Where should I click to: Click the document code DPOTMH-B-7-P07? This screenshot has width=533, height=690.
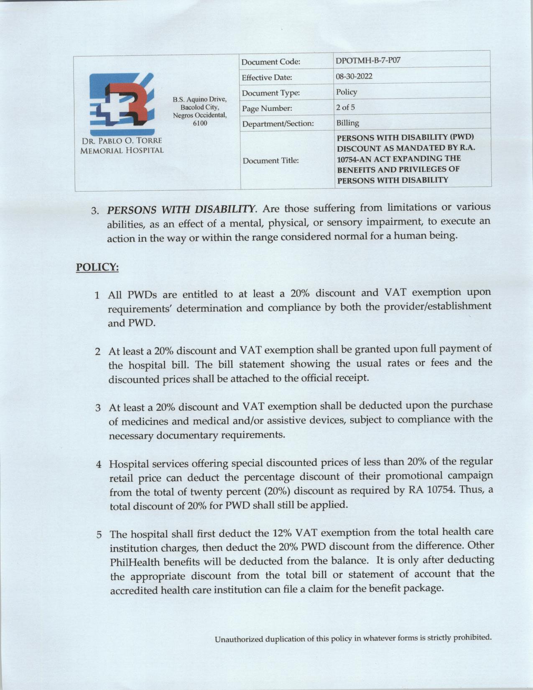[368, 60]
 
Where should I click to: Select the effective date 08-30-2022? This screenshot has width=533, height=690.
[354, 77]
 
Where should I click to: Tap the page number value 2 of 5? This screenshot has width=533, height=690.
[345, 107]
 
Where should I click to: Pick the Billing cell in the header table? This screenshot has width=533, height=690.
[348, 123]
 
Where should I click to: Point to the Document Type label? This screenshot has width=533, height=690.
[271, 93]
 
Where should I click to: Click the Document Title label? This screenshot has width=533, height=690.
[270, 160]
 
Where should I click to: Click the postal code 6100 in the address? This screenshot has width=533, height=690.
[200, 123]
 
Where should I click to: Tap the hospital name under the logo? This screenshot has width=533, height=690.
[122, 145]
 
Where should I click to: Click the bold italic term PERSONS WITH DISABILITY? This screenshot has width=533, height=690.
[181, 209]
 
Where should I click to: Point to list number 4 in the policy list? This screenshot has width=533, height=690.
[99, 465]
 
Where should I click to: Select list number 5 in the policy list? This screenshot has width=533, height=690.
[99, 535]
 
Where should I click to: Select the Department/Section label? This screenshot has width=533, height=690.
[278, 124]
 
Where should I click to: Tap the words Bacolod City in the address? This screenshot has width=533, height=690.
[200, 107]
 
